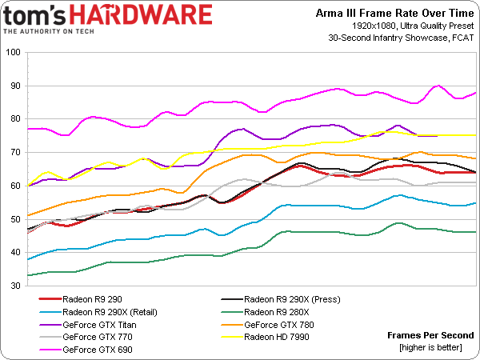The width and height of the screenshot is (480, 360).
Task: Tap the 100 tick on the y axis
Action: point(14,53)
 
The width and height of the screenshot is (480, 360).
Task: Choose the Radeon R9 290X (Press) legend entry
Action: point(293,299)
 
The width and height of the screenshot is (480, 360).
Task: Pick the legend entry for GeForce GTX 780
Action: point(278,325)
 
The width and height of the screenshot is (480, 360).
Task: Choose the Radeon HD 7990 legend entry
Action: point(279,338)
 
